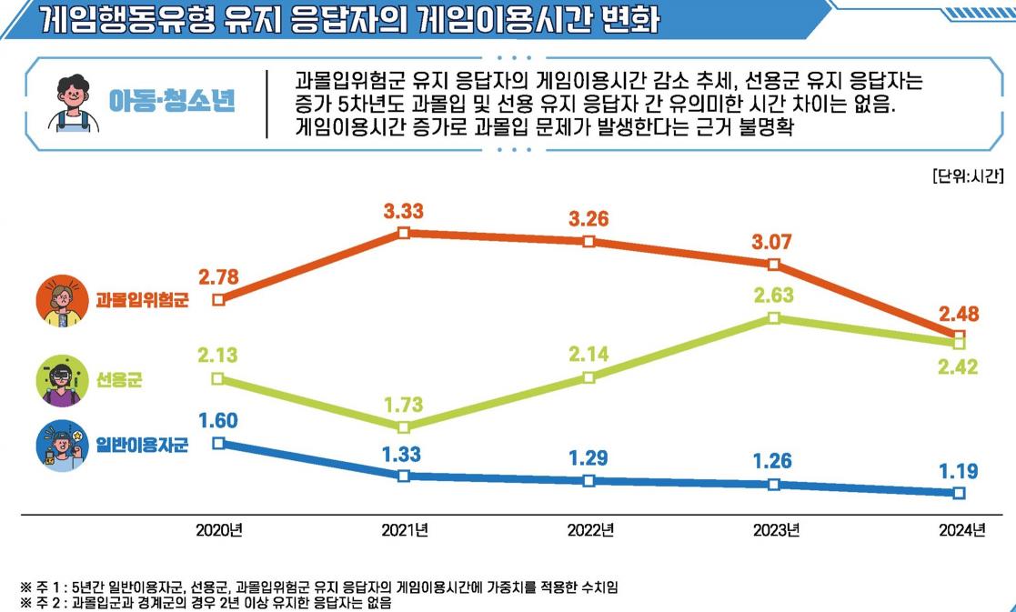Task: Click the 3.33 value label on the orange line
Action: [403, 211]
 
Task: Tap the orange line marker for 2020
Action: [217, 298]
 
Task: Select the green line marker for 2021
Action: [404, 426]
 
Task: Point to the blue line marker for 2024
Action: [959, 493]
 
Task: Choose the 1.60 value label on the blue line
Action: [217, 420]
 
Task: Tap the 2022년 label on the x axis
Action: [589, 530]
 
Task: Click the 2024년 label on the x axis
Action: [962, 530]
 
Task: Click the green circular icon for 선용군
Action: [63, 380]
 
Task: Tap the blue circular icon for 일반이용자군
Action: [63, 445]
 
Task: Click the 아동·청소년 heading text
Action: [171, 100]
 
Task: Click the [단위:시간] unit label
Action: [967, 176]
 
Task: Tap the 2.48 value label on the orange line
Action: [959, 314]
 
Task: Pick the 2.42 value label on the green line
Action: [959, 367]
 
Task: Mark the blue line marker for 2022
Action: [588, 481]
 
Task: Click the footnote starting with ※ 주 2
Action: [206, 602]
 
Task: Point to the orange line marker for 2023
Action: [773, 265]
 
